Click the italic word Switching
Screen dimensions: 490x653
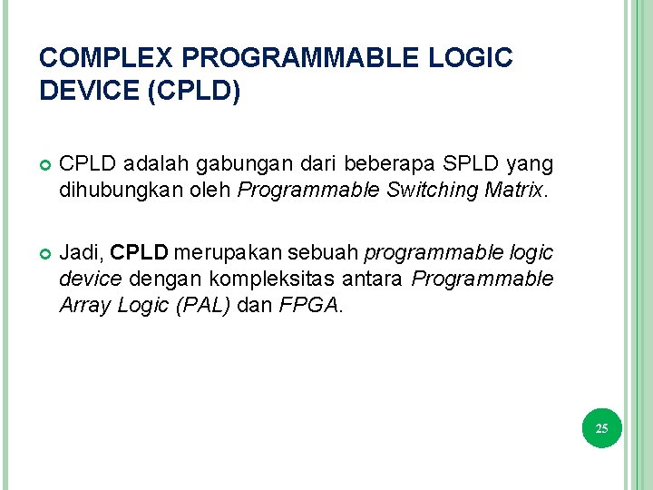click(438, 190)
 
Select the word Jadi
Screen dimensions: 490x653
click(80, 251)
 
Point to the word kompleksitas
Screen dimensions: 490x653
click(258, 279)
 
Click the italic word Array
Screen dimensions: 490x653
click(83, 306)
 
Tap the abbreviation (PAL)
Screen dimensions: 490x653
click(205, 306)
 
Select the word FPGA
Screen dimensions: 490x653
click(308, 306)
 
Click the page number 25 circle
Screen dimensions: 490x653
click(602, 427)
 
